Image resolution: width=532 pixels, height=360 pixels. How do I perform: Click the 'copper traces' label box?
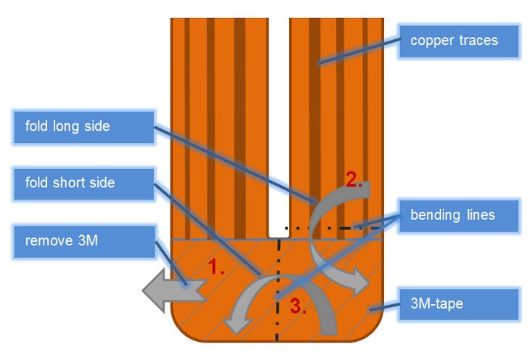click(x=459, y=41)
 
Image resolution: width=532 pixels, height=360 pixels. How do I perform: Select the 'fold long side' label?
click(x=83, y=127)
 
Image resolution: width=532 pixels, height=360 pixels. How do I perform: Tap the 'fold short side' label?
click(x=83, y=184)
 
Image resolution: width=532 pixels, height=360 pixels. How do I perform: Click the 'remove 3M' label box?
click(x=84, y=242)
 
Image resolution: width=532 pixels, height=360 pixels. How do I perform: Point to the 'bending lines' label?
click(x=459, y=216)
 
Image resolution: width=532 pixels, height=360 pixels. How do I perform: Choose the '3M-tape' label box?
click(x=459, y=304)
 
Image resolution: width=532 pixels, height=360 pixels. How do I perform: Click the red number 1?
click(x=216, y=266)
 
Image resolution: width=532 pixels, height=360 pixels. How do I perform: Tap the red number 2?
click(x=354, y=179)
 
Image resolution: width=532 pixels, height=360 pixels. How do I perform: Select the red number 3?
click(x=298, y=306)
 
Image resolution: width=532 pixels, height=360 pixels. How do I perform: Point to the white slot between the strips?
click(x=279, y=128)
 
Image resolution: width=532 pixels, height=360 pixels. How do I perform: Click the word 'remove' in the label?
click(x=49, y=241)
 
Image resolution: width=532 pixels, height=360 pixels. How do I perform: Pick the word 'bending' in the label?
click(x=435, y=215)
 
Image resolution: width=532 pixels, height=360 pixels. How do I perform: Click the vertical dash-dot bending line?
click(x=278, y=290)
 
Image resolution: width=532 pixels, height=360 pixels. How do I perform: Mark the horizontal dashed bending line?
click(x=334, y=229)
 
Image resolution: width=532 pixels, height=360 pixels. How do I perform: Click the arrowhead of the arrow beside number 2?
click(x=360, y=281)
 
